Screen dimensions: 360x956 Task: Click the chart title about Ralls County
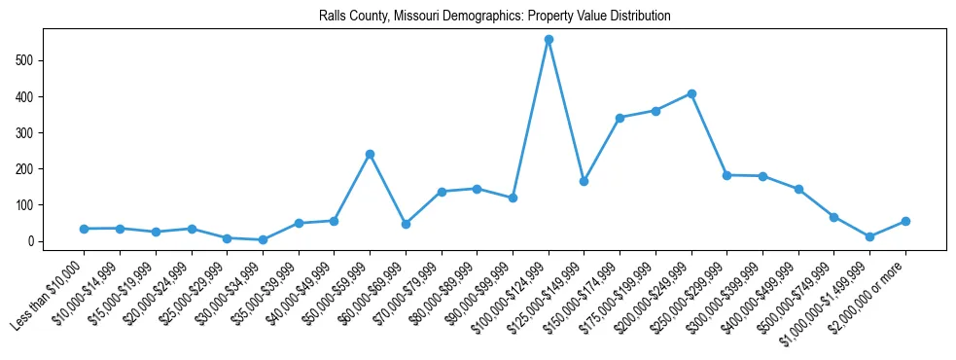point(494,17)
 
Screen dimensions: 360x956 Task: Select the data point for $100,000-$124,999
point(549,40)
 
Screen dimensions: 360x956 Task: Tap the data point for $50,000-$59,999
point(370,154)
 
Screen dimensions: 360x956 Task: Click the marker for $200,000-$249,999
point(691,93)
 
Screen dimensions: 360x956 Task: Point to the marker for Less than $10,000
point(84,229)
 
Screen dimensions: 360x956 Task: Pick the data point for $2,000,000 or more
point(905,221)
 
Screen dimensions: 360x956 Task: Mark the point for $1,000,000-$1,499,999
point(869,236)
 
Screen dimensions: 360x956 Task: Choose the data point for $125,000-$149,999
point(584,181)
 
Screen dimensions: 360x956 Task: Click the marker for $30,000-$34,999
point(263,239)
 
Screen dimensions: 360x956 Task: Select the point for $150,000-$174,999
point(620,118)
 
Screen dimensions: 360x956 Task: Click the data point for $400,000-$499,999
point(798,189)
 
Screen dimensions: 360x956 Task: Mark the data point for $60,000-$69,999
point(406,224)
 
